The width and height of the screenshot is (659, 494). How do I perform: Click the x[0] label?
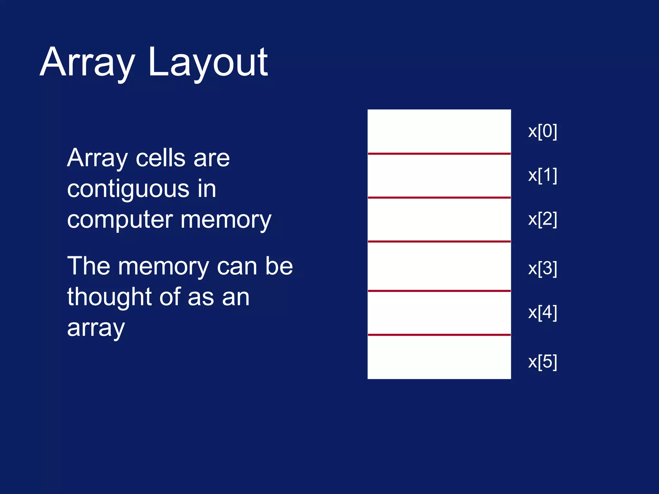click(x=543, y=131)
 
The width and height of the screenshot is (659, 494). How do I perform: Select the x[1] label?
click(x=543, y=175)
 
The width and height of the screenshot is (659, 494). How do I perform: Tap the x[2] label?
click(x=543, y=219)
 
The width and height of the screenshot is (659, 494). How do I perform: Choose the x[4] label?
click(x=543, y=312)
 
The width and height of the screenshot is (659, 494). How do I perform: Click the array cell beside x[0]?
click(x=439, y=131)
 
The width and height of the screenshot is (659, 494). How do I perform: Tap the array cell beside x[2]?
click(x=439, y=219)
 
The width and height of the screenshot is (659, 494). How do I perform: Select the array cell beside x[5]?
click(x=439, y=357)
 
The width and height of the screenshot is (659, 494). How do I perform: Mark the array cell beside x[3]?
click(x=439, y=266)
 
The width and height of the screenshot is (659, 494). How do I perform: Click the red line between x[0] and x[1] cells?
click(x=439, y=154)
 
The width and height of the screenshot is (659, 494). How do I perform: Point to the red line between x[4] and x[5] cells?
click(x=439, y=335)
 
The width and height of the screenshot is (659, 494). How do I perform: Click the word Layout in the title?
click(x=208, y=63)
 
